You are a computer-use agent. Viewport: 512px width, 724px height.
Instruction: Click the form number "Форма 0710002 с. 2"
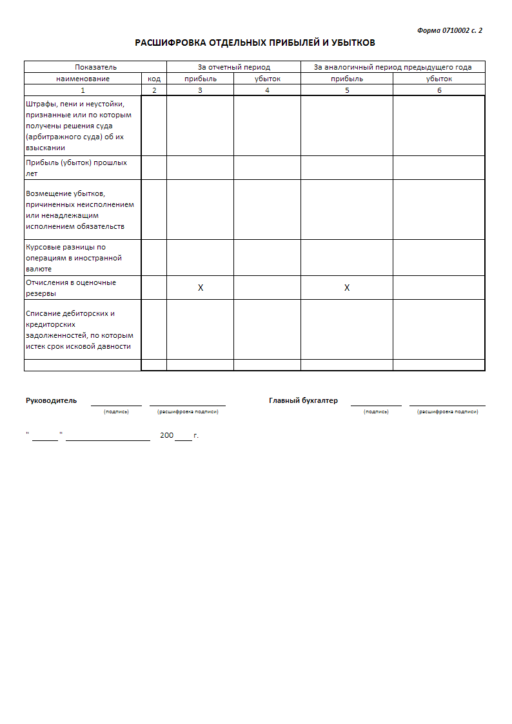(449, 30)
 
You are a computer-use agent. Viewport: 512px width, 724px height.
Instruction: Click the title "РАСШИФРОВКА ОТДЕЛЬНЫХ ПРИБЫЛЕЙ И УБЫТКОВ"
(255, 43)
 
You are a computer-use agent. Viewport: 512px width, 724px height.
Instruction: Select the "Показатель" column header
(95, 67)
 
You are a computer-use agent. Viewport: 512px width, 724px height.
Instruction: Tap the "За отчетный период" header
(233, 67)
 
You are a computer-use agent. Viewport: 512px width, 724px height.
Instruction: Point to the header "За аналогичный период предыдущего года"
(392, 67)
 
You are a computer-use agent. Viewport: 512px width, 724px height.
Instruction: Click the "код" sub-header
(154, 79)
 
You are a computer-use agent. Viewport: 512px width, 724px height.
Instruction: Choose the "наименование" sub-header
(83, 79)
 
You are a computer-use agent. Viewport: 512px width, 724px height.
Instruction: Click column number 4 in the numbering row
(267, 90)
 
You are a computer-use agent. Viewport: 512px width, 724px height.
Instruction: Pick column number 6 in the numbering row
(439, 90)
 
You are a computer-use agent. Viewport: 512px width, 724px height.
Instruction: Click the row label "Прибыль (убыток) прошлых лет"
(76, 168)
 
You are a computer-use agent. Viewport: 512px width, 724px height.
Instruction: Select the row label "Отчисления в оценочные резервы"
(71, 288)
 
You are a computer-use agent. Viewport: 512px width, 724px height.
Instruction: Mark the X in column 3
(201, 288)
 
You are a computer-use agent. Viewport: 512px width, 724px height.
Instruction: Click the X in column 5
(347, 288)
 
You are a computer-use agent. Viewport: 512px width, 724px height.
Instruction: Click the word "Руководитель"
(51, 400)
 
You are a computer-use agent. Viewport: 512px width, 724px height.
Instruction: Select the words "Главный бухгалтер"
(303, 400)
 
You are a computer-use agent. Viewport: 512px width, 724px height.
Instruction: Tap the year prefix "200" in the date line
(166, 436)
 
